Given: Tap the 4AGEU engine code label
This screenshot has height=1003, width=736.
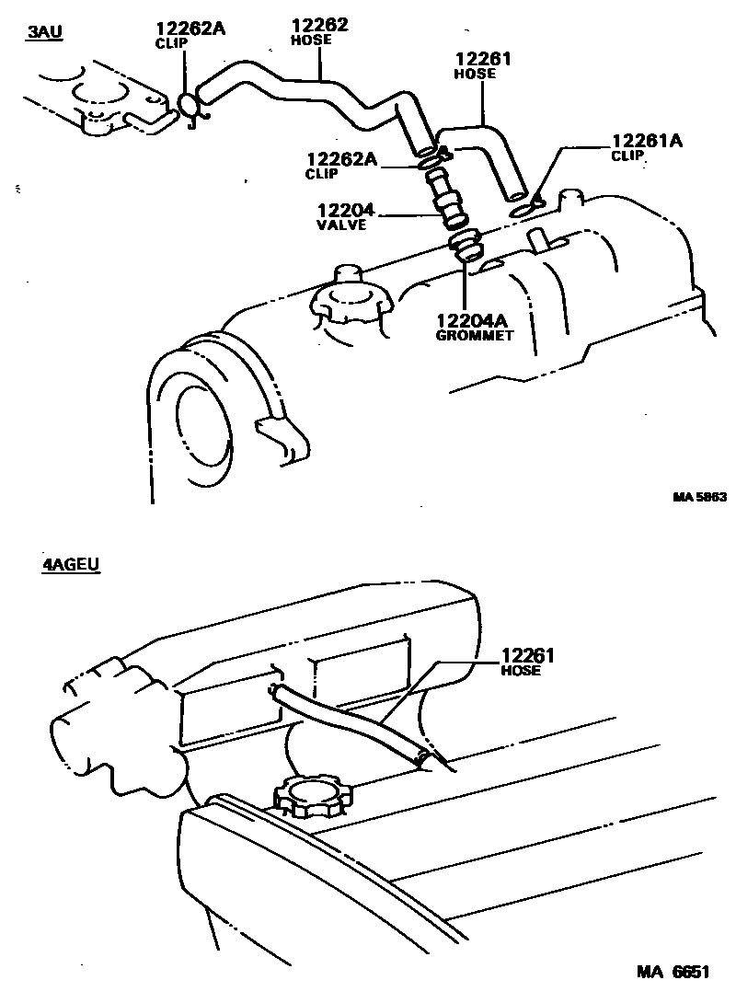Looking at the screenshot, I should pos(70,565).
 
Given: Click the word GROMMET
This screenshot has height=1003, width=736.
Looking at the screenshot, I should pos(473,335).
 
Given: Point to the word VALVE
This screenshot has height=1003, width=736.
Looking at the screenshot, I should pos(342,224).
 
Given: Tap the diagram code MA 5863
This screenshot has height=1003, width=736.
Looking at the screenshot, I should pos(699,497).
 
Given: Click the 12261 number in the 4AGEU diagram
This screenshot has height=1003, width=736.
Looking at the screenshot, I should pos(530,656).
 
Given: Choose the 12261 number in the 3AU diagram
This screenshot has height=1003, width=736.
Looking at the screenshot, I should pos(483,59).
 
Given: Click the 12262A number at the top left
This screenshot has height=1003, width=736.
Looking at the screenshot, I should pos(190,28).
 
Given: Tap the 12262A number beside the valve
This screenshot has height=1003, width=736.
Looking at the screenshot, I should pos(342,159).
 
